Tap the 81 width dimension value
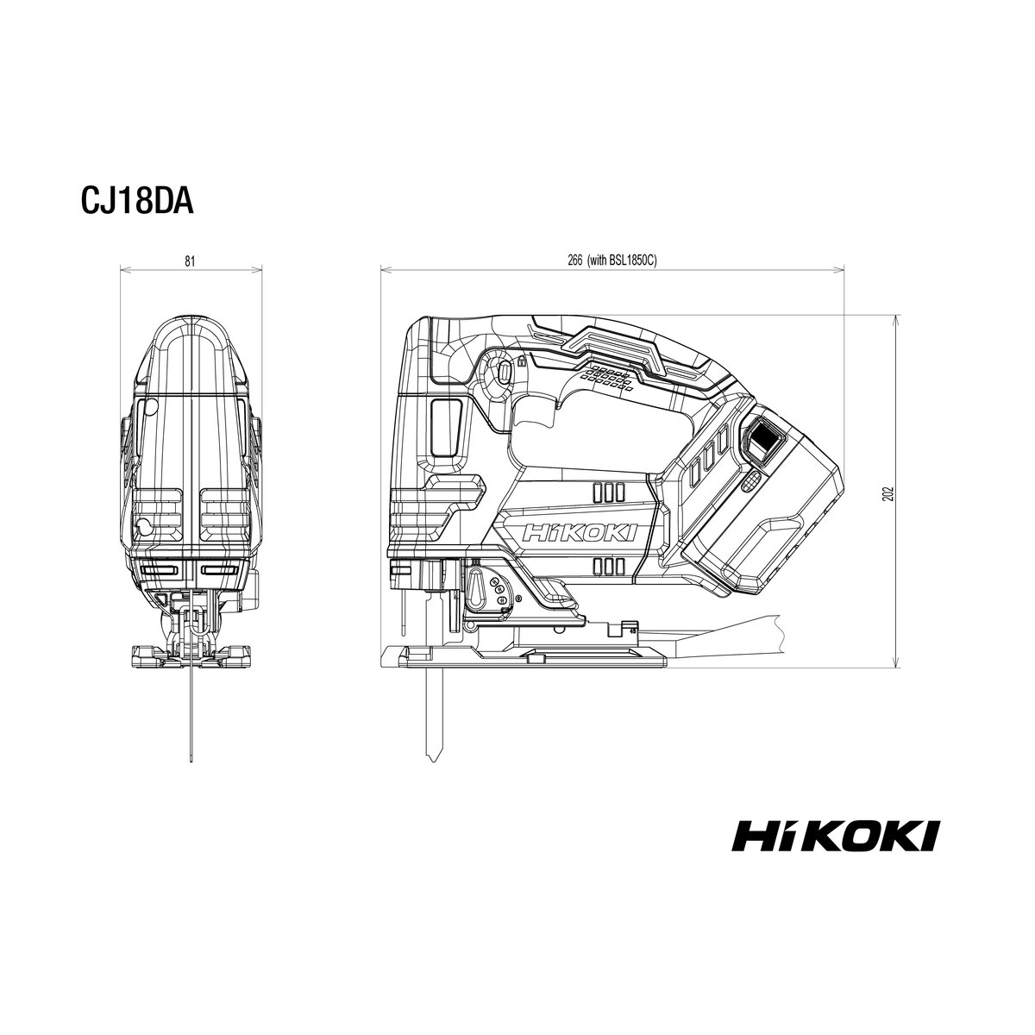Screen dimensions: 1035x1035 tap(190, 261)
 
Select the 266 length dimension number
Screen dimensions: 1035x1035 tap(574, 261)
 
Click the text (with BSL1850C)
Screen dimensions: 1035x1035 tap(623, 261)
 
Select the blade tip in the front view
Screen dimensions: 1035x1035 tap(191, 761)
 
